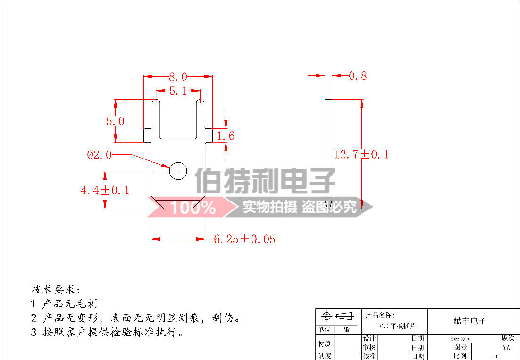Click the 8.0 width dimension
(x=178, y=76)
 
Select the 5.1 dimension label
(x=178, y=92)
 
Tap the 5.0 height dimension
(x=115, y=121)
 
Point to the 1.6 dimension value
(x=225, y=136)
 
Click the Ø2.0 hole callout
(x=99, y=155)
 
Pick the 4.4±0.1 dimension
(x=105, y=191)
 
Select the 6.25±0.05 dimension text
(x=244, y=239)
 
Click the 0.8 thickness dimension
(x=358, y=76)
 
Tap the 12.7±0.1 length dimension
(x=361, y=154)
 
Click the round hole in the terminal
(x=178, y=170)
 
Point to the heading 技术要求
(x=56, y=289)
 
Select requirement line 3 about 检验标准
(x=107, y=333)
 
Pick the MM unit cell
(x=347, y=330)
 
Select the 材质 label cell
(x=324, y=344)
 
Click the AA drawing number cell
(x=506, y=347)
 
